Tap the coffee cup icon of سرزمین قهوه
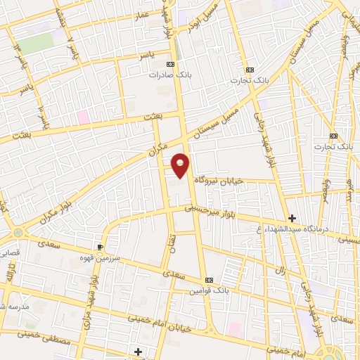(100, 247)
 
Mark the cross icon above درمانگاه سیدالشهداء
(292, 219)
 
